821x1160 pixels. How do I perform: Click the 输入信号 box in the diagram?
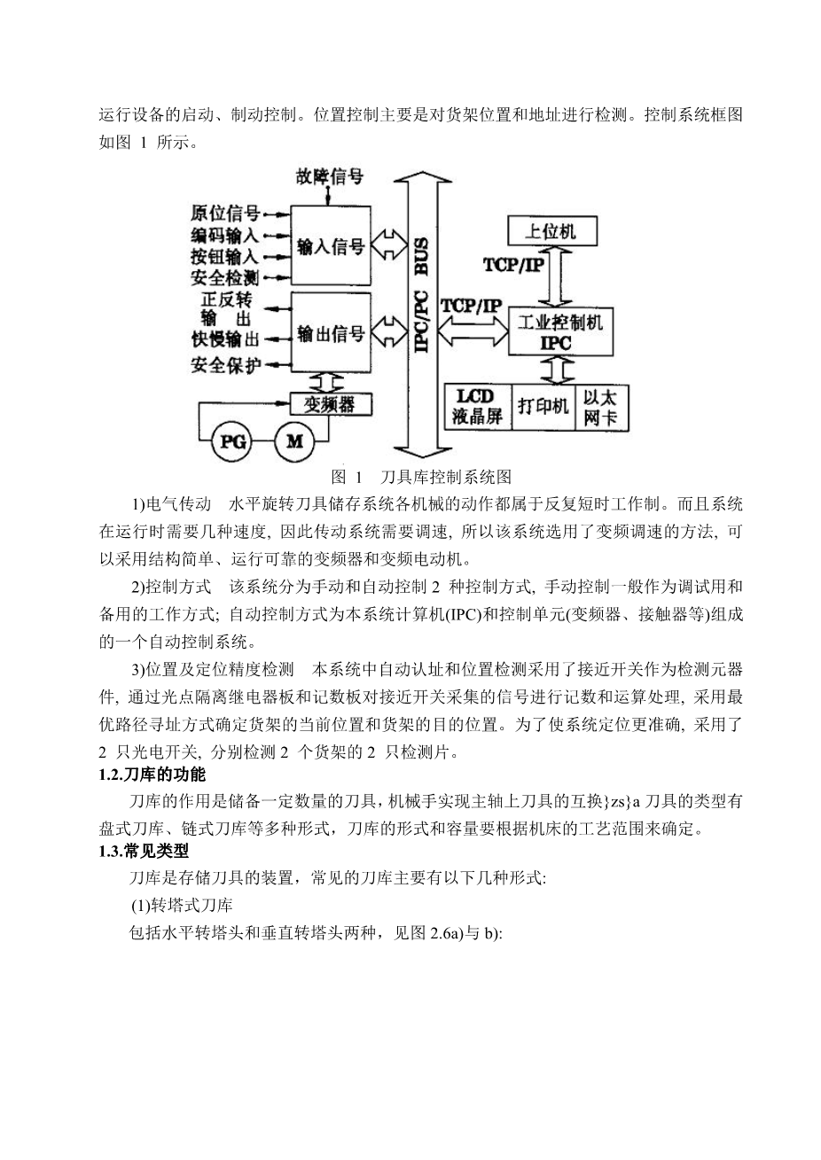(330, 248)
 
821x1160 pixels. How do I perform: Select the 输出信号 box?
(330, 333)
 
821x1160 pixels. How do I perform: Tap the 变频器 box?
(329, 403)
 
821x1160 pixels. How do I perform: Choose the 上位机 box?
(551, 231)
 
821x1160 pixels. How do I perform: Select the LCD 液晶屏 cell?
(475, 406)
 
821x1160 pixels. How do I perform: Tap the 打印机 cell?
(543, 406)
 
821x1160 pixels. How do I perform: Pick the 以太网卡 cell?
(600, 406)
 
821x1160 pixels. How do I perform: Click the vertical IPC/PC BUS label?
(422, 292)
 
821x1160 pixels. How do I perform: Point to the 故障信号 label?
(329, 176)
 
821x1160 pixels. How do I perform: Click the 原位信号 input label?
(225, 213)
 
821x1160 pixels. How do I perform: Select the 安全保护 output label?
(225, 363)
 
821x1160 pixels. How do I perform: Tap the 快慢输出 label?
(225, 339)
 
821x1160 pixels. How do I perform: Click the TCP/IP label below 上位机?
(513, 264)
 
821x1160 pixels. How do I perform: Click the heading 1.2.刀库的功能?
(152, 775)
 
